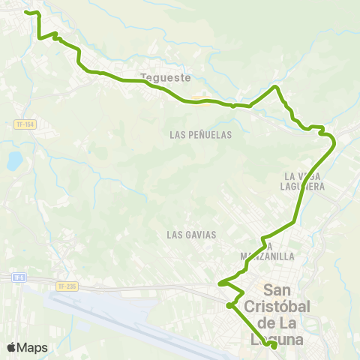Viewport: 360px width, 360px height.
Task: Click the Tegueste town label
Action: pyautogui.click(x=166, y=76)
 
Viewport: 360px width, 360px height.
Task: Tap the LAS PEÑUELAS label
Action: pyautogui.click(x=201, y=135)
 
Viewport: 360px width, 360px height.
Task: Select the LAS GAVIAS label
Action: pyautogui.click(x=191, y=235)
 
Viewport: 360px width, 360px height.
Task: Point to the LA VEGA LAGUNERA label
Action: pyautogui.click(x=304, y=181)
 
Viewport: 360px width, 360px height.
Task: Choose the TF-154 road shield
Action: pyautogui.click(x=24, y=124)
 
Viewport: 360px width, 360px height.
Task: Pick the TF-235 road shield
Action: pyautogui.click(x=67, y=286)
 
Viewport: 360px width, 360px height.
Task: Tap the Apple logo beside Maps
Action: pyautogui.click(x=11, y=348)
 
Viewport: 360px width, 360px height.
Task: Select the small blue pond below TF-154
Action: pyautogui.click(x=15, y=160)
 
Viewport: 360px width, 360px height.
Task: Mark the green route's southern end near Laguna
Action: pyautogui.click(x=274, y=346)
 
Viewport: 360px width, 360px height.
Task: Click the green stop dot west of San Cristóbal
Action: pyautogui.click(x=229, y=305)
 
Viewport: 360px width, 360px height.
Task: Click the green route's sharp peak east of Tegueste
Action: pyautogui.click(x=276, y=88)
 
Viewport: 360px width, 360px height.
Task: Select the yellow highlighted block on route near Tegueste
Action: pyautogui.click(x=197, y=99)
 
